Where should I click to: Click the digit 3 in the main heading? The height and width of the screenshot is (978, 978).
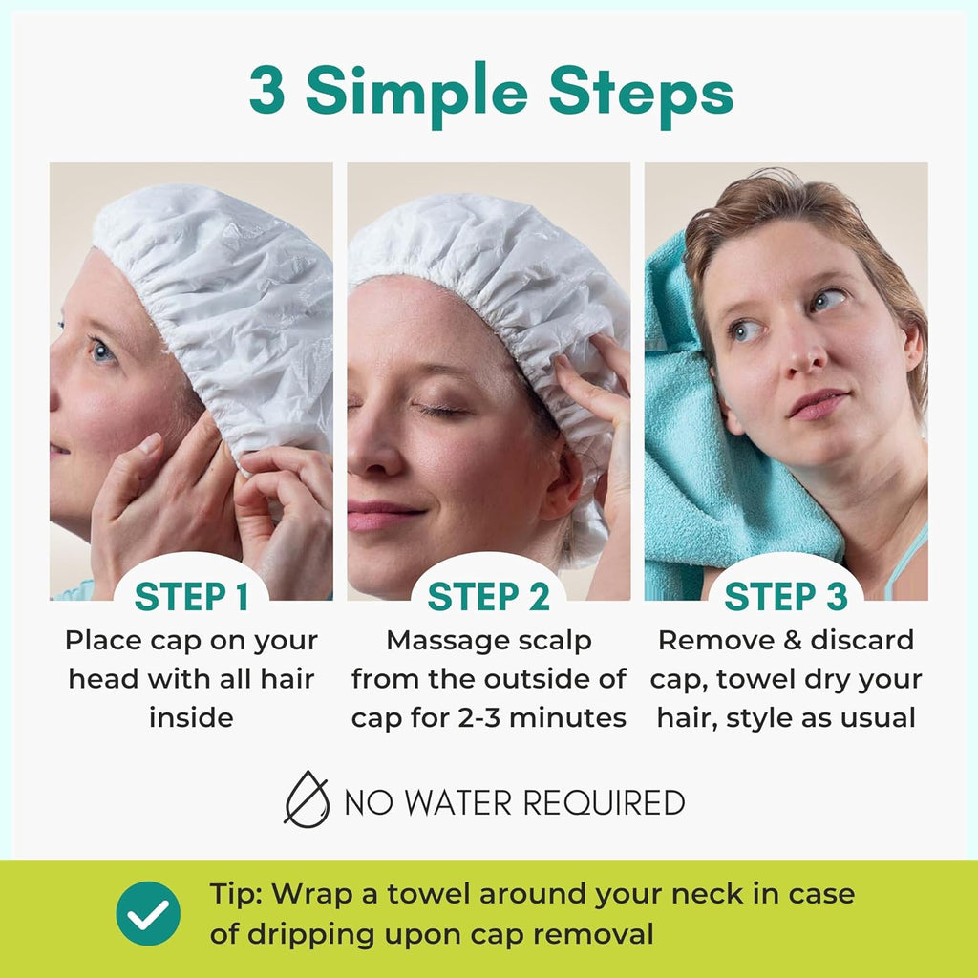pyautogui.click(x=267, y=92)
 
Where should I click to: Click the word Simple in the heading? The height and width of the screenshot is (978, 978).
pyautogui.click(x=415, y=94)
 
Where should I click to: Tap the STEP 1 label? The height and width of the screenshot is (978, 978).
pyautogui.click(x=191, y=596)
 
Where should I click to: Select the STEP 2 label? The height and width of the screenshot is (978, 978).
pyautogui.click(x=488, y=596)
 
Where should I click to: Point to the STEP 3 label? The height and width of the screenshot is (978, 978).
pyautogui.click(x=785, y=596)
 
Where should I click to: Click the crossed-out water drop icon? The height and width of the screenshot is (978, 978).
pyautogui.click(x=307, y=798)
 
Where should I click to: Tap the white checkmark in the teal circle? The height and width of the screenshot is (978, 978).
pyautogui.click(x=148, y=913)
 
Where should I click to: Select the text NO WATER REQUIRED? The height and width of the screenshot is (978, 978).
pyautogui.click(x=514, y=802)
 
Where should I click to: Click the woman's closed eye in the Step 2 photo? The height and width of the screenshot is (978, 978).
pyautogui.click(x=441, y=409)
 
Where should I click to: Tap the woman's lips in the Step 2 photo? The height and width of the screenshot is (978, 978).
pyautogui.click(x=382, y=516)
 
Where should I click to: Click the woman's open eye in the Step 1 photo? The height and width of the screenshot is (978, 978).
pyautogui.click(x=101, y=351)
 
